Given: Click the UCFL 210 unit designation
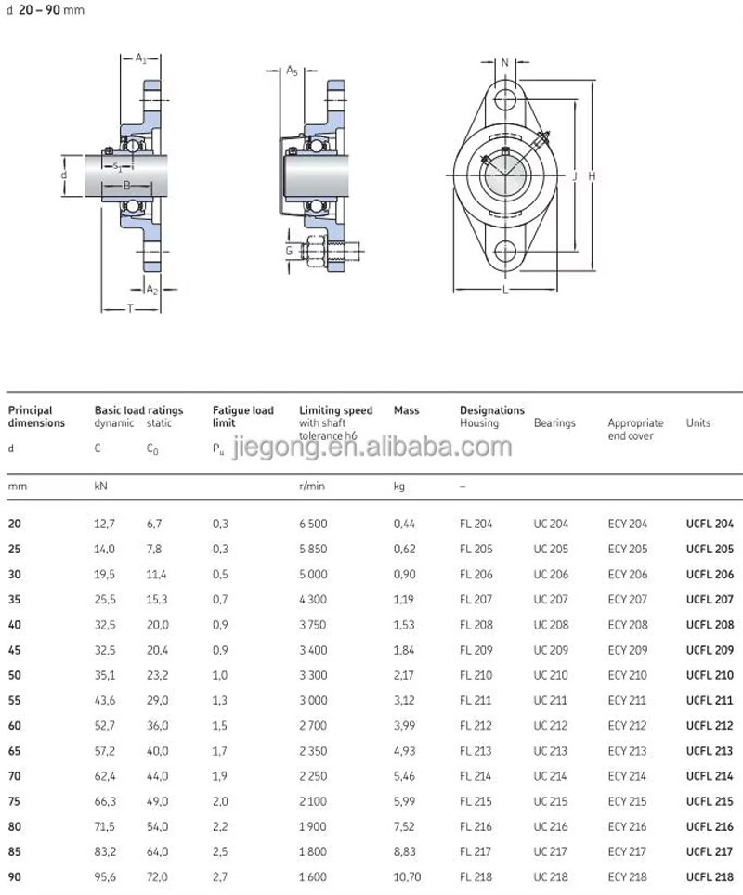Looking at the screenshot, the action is (x=710, y=675).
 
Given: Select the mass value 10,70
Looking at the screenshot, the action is (x=407, y=876).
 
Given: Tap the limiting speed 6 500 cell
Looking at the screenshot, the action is (x=313, y=524).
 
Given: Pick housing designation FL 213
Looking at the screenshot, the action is (x=476, y=750).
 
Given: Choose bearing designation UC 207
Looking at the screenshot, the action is (x=551, y=600).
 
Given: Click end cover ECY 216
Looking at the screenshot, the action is (x=628, y=826).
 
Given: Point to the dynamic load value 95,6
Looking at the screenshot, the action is (x=105, y=876).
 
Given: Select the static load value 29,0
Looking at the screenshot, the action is (x=157, y=700).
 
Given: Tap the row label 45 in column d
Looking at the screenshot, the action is (x=14, y=650).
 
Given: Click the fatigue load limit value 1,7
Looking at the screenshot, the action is (x=220, y=750).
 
